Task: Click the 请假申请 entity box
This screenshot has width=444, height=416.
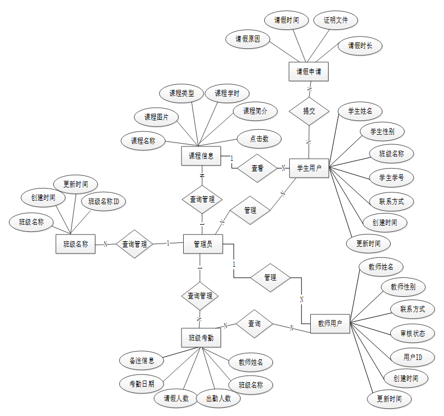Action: point(309,72)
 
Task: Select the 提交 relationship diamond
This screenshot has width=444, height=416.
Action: point(309,110)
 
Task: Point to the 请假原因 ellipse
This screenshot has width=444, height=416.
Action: point(248,39)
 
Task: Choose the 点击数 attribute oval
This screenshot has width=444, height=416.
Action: point(258,139)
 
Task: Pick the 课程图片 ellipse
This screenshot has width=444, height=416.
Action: point(157,117)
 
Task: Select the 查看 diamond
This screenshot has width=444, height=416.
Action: point(257,168)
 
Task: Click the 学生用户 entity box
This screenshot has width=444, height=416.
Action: point(309,168)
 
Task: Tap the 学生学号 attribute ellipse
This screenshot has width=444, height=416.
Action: point(391,177)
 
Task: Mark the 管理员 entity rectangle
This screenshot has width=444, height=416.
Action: point(203,243)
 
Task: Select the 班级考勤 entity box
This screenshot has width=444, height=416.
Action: point(201,337)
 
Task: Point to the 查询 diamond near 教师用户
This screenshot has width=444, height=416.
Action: point(254,323)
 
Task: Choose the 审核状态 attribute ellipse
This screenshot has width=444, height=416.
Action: point(412,333)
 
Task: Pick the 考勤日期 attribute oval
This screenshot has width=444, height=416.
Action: point(142,383)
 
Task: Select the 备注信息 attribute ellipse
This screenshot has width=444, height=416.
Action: point(142,361)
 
